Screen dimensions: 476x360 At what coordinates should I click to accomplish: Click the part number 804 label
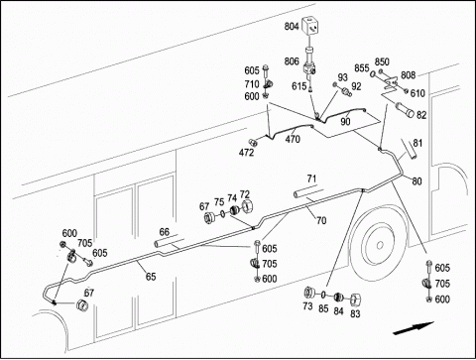(x=292, y=26)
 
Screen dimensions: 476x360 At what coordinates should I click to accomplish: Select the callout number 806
(x=292, y=61)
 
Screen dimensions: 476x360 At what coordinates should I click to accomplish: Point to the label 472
(x=246, y=153)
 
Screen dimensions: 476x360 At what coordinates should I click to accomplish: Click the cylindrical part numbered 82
(x=405, y=110)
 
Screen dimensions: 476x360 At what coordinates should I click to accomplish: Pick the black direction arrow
(x=414, y=327)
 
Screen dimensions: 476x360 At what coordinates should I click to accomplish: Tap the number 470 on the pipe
(x=293, y=139)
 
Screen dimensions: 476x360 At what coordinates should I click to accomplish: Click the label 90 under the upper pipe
(x=345, y=121)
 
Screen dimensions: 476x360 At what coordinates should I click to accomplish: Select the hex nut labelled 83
(x=355, y=300)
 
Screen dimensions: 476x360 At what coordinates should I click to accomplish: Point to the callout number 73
(x=307, y=306)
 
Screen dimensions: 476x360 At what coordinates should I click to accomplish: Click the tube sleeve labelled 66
(x=167, y=245)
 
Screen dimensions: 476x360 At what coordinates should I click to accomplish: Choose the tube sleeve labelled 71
(x=305, y=193)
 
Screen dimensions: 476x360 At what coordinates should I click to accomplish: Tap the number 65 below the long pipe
(x=151, y=277)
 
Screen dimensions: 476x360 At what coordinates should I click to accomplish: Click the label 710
(x=252, y=84)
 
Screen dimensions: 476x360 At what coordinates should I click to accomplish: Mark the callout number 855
(x=362, y=68)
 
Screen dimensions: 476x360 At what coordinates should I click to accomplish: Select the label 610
(x=417, y=93)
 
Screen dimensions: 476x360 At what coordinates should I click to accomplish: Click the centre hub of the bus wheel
(x=380, y=245)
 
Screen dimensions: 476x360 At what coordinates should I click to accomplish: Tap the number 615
(x=298, y=86)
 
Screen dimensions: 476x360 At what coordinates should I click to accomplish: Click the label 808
(x=408, y=75)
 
